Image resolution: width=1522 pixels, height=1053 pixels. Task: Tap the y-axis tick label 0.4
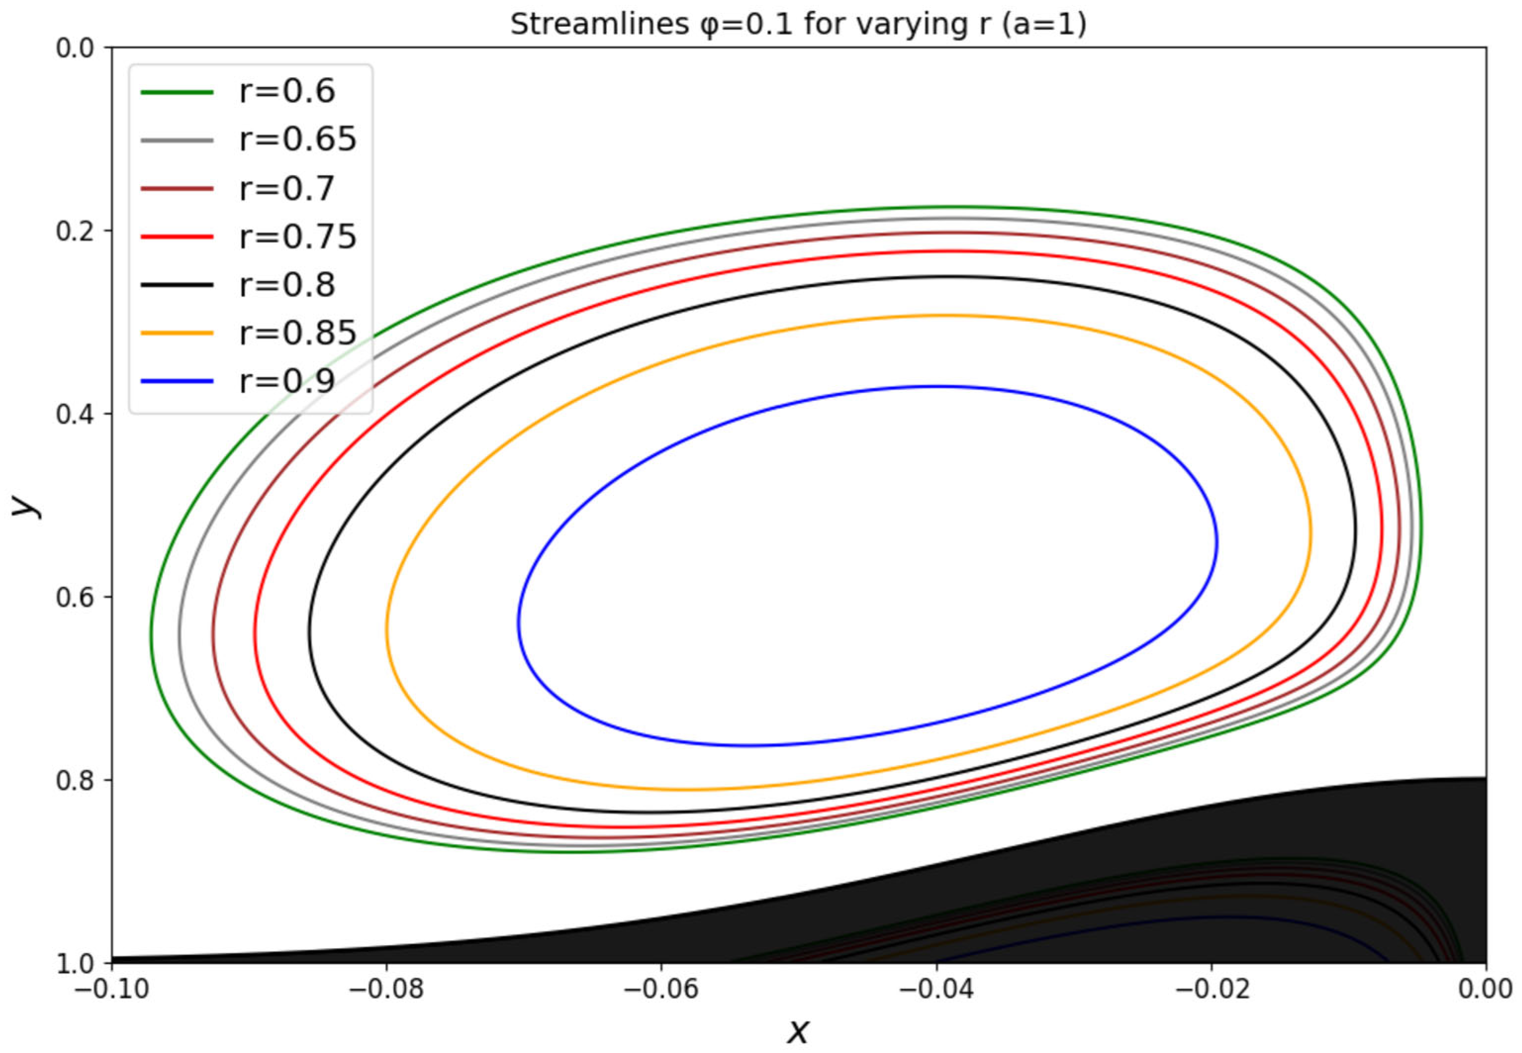75,414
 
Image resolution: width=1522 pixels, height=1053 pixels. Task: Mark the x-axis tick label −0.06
661,990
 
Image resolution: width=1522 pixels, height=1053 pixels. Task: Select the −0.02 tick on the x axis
1211,990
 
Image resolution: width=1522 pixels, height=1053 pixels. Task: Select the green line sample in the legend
177,92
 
